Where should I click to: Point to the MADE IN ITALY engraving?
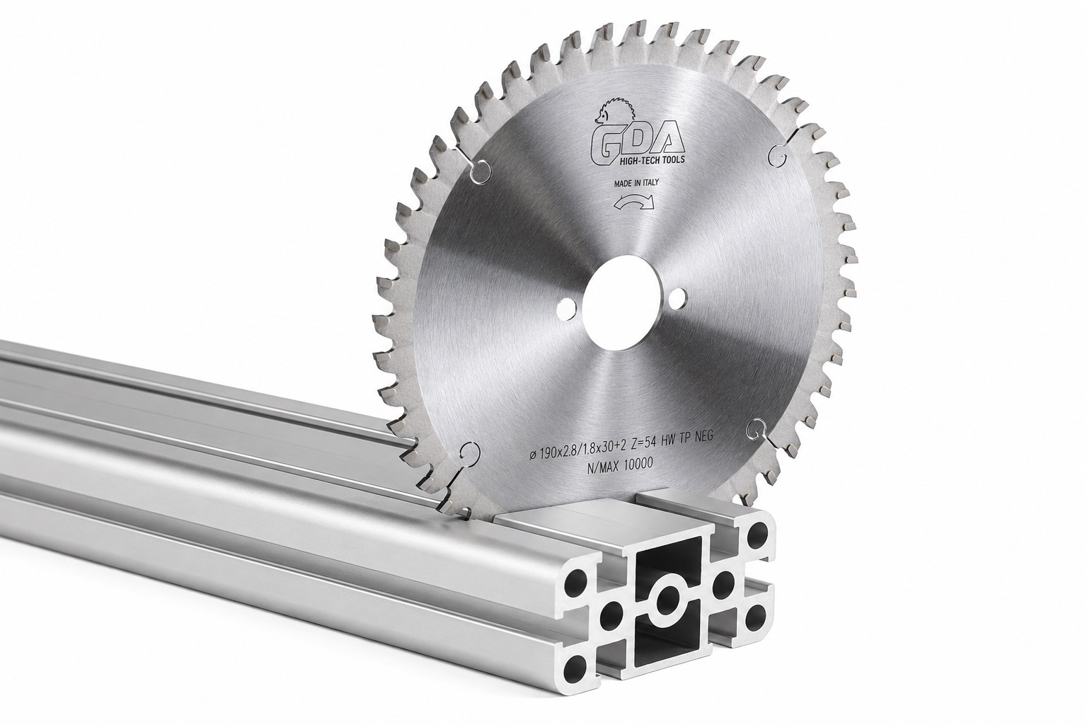tap(635, 183)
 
